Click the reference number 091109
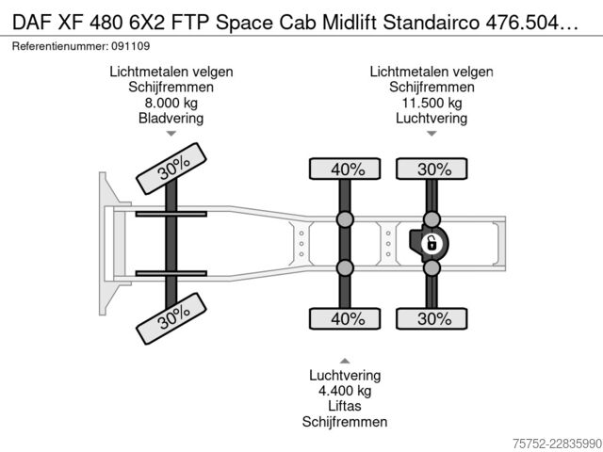(x=131, y=46)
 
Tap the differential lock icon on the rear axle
(x=432, y=244)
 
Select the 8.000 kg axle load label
(x=171, y=103)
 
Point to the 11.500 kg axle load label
(x=432, y=103)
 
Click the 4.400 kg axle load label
(x=345, y=391)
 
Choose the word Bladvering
(x=171, y=119)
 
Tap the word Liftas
(x=345, y=406)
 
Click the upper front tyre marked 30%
(x=171, y=169)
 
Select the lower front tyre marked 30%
(x=171, y=318)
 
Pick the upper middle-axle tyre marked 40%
(x=345, y=169)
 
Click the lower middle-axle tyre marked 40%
(x=345, y=318)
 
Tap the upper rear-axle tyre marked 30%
(x=432, y=169)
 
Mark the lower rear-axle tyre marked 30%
(x=432, y=318)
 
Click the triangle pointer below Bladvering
(x=171, y=134)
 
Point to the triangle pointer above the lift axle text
(x=345, y=361)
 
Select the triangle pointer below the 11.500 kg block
(x=432, y=134)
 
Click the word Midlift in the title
(x=350, y=23)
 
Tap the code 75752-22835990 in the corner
(x=557, y=444)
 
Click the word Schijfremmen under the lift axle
(x=345, y=422)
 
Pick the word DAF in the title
(x=32, y=23)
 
